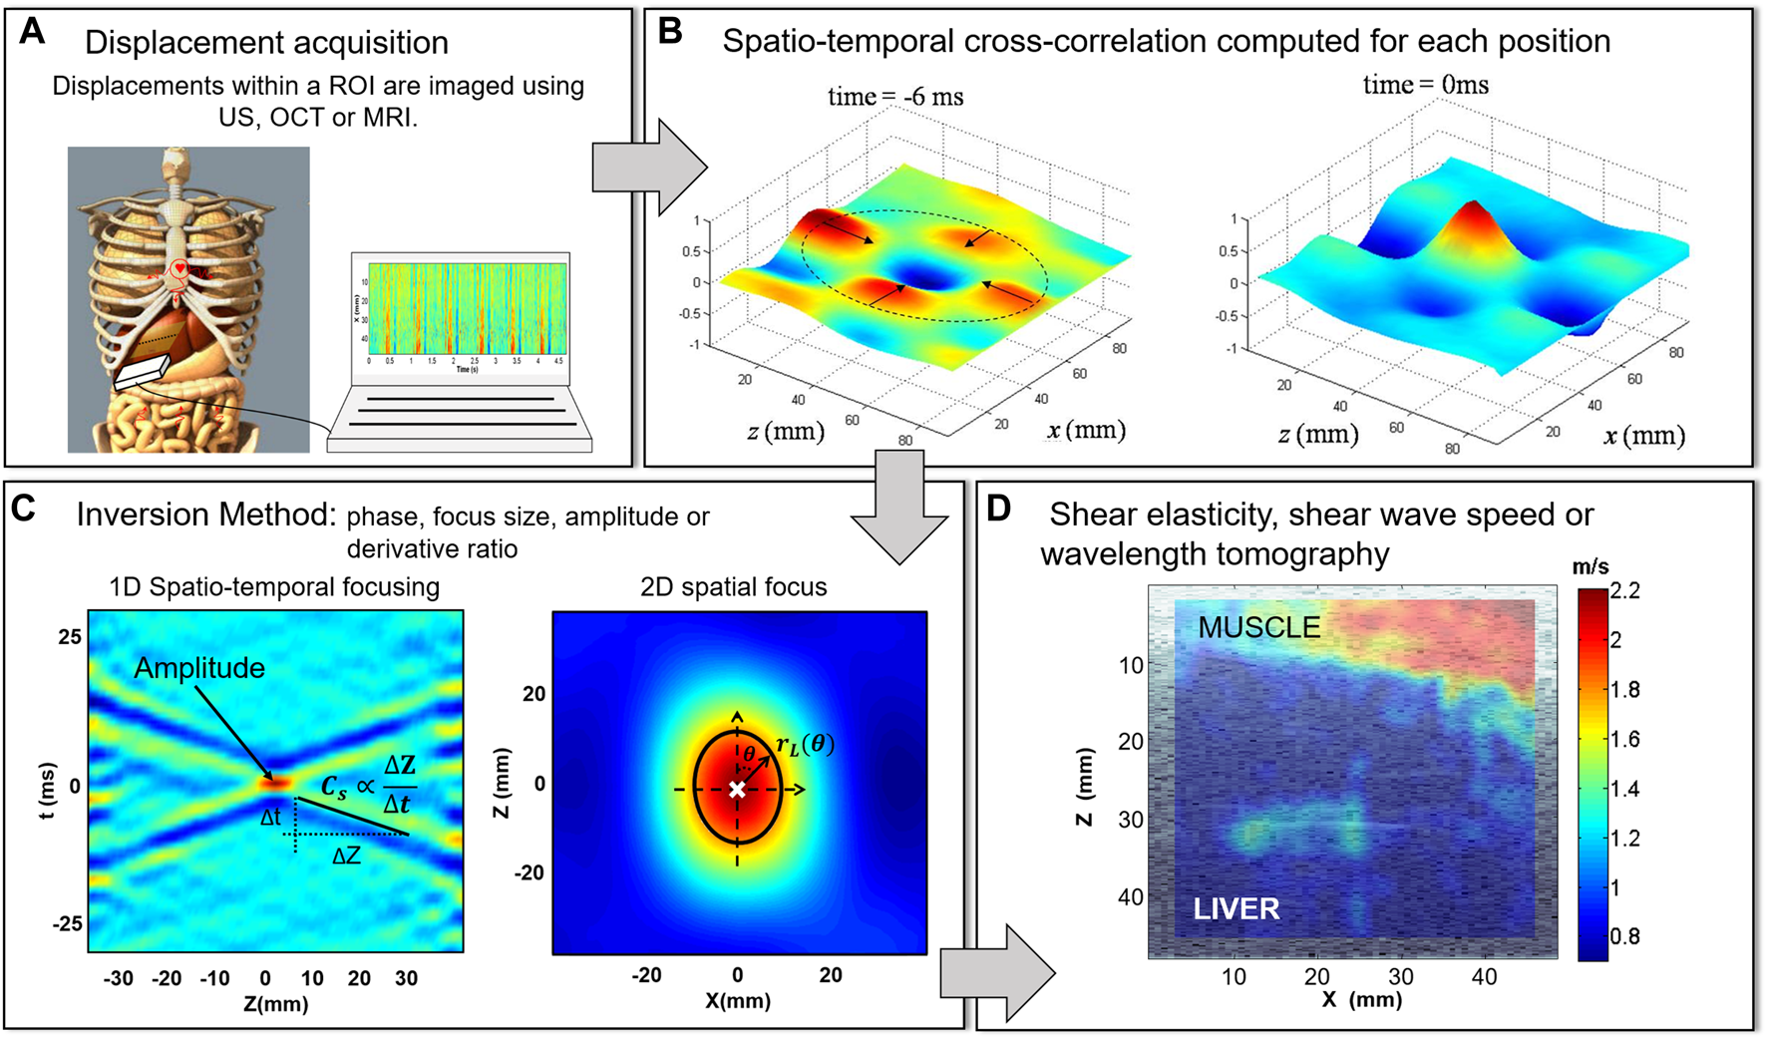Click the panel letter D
[998, 509]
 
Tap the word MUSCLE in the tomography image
[1258, 627]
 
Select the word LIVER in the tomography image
[1237, 908]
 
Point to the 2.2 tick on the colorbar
[1624, 591]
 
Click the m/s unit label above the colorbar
[1590, 566]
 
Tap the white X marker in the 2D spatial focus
[737, 790]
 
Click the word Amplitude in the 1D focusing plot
[199, 668]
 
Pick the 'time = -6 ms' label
[895, 97]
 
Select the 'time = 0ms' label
[1425, 86]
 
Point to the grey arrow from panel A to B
[648, 167]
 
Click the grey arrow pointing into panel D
[997, 973]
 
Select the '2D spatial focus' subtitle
[733, 587]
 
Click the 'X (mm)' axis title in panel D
[1361, 999]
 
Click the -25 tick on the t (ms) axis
[68, 923]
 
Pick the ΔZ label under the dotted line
[346, 855]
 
